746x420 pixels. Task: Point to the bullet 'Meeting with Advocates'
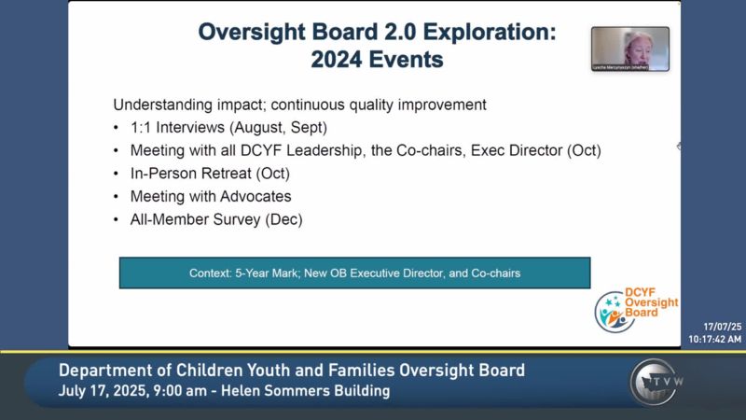(x=211, y=196)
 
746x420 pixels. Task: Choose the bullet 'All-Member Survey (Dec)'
(x=216, y=219)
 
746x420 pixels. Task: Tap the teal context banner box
(x=354, y=273)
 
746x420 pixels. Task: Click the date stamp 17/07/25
(x=723, y=327)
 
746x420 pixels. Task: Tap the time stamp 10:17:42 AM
(x=715, y=339)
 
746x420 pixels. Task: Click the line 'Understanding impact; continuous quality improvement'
(x=299, y=105)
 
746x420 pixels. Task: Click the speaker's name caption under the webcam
(x=620, y=67)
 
